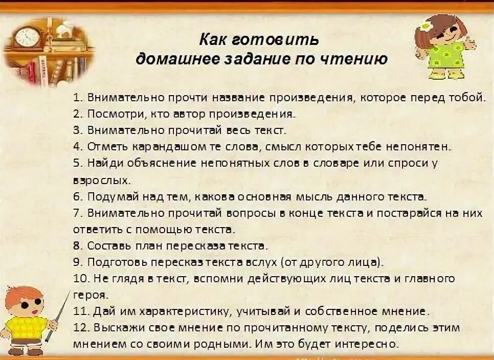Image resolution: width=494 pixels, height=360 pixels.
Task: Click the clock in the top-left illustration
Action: click(x=27, y=37)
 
